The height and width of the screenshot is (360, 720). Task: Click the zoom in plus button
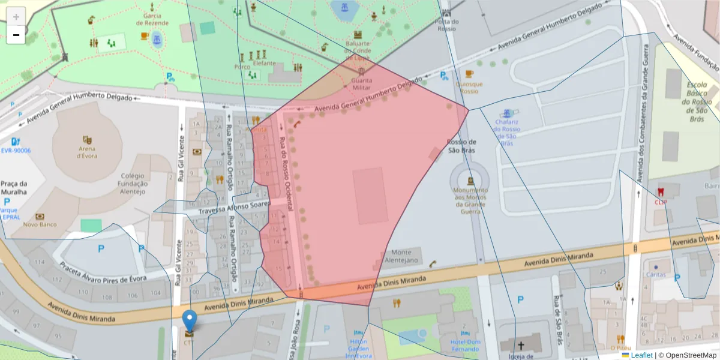click(16, 17)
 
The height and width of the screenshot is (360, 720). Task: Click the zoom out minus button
click(16, 35)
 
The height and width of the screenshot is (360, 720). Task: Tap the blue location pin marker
click(190, 321)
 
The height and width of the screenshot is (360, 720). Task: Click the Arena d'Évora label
click(86, 152)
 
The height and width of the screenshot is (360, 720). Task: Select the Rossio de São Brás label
click(461, 146)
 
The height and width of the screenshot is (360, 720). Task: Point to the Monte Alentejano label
click(401, 256)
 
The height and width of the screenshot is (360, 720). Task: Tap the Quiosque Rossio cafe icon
click(469, 74)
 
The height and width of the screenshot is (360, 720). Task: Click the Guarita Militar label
click(361, 83)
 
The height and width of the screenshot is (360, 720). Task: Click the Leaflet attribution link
click(641, 355)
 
